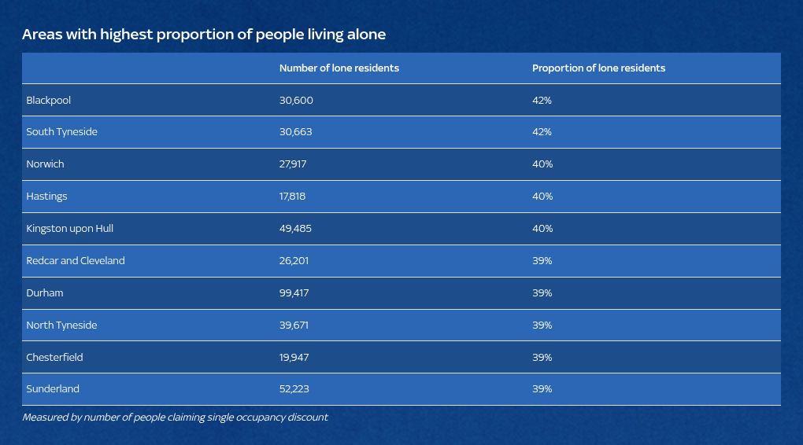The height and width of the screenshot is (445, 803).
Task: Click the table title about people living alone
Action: click(x=204, y=35)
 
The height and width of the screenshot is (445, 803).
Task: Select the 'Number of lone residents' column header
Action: click(x=339, y=68)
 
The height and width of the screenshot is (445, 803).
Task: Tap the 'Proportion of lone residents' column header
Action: click(x=598, y=68)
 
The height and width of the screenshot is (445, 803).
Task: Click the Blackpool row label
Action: click(x=49, y=101)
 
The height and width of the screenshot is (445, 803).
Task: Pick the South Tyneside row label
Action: click(x=62, y=132)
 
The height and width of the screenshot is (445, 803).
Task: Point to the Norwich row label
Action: click(x=45, y=164)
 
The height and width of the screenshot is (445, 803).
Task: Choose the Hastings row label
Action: click(x=46, y=197)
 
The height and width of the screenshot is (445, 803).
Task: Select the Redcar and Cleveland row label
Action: click(x=76, y=261)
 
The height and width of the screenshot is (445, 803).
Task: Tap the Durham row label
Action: click(x=45, y=293)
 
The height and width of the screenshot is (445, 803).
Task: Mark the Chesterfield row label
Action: click(x=54, y=358)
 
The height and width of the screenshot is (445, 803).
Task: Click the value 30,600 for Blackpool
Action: click(x=296, y=101)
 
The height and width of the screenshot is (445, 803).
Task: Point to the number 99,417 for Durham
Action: click(x=294, y=293)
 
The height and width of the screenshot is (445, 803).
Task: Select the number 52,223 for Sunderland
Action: click(x=295, y=389)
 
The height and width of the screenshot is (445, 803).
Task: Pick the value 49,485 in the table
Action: click(x=296, y=229)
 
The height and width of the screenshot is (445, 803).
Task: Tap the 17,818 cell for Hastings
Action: click(x=293, y=197)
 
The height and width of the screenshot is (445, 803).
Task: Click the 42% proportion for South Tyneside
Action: click(x=542, y=132)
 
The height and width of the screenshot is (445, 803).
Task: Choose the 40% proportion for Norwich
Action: click(x=542, y=164)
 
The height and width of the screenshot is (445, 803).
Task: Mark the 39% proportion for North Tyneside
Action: click(x=542, y=325)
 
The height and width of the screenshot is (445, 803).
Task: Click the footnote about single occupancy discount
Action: click(x=175, y=417)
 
